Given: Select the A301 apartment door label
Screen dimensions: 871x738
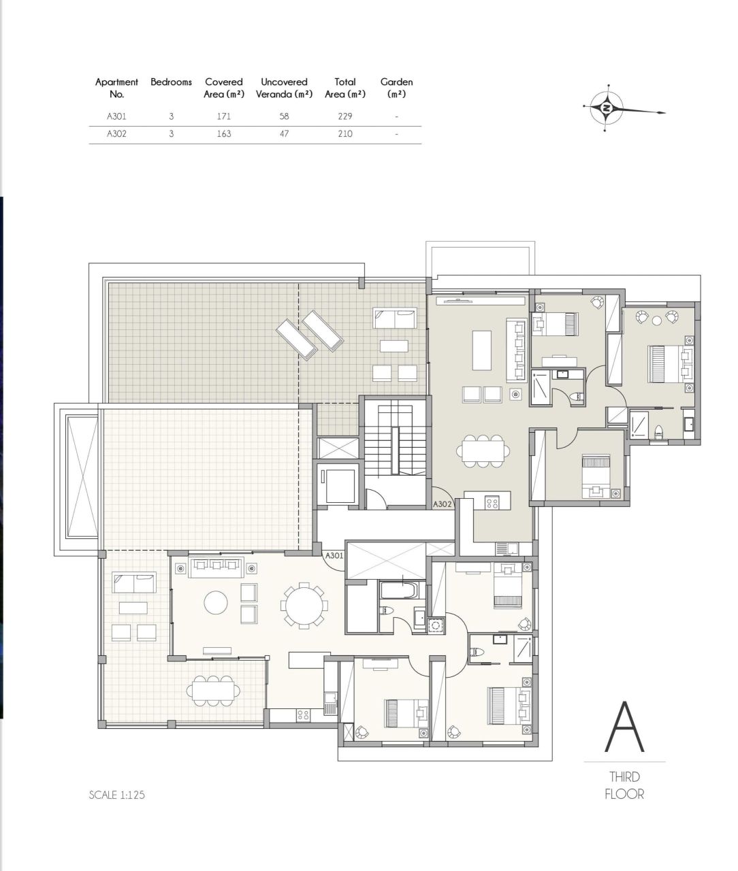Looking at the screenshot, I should (x=334, y=555).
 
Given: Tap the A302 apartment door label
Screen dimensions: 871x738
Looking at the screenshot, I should (x=443, y=504).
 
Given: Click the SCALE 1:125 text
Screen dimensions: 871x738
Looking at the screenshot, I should (x=116, y=794).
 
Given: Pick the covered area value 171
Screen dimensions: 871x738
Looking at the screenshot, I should (x=223, y=116).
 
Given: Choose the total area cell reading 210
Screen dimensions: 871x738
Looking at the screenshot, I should (x=344, y=134).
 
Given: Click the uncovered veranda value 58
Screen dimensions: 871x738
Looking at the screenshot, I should (x=284, y=116).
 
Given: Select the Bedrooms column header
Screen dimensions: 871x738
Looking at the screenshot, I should (x=171, y=82).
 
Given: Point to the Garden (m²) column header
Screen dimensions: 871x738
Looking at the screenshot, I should (x=396, y=88).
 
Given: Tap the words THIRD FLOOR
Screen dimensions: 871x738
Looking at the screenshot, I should (x=624, y=785).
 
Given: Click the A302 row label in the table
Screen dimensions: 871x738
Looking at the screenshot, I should (x=116, y=134).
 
